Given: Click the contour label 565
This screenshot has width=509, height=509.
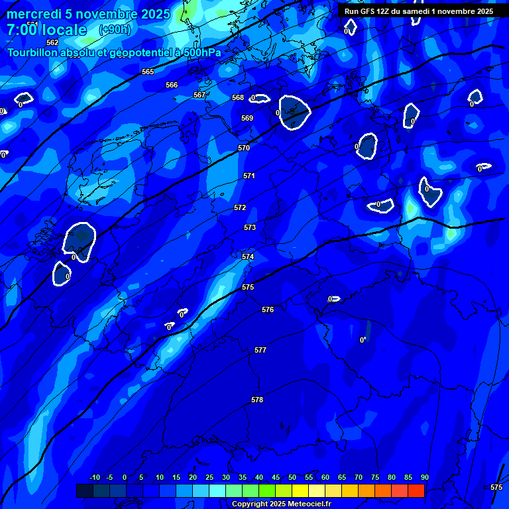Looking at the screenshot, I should point(148,72).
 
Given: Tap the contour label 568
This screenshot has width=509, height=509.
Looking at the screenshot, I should point(238,97).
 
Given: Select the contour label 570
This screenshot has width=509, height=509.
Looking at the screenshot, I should point(244,148).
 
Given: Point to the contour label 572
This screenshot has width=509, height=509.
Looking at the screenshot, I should point(240,207).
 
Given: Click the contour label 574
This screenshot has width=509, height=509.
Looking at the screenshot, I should point(248,256).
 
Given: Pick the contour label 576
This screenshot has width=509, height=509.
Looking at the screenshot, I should point(268,310).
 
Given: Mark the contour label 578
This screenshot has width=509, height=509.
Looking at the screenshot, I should point(257,400).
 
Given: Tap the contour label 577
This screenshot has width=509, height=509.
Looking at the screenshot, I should point(260,350).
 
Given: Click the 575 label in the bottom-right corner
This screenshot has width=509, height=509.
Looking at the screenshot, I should point(496,487).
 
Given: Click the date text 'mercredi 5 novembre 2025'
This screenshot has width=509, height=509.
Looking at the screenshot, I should point(88,14).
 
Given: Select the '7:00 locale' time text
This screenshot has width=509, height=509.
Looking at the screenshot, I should point(46,30).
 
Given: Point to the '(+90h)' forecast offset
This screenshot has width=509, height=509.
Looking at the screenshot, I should point(115,30).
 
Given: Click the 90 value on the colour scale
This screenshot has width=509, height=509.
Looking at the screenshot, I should point(424,477).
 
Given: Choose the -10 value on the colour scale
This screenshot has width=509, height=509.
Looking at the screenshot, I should point(95,477).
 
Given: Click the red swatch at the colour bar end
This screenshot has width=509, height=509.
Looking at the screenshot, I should point(416,490).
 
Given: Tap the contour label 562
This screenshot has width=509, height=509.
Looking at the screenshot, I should point(52,61).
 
